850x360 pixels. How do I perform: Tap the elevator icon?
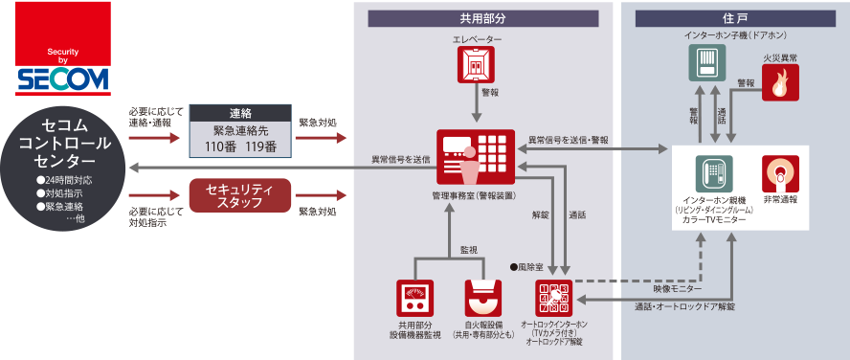(x=476, y=64)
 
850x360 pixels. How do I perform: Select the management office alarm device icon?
(x=476, y=156)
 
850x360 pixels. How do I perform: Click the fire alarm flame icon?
(x=779, y=83)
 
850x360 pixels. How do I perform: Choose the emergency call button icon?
(x=779, y=173)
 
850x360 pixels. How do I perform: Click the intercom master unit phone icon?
(x=712, y=173)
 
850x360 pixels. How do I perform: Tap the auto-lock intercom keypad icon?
(x=554, y=297)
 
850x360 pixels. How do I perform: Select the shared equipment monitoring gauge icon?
(x=414, y=297)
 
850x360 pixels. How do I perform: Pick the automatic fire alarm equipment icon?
(x=483, y=297)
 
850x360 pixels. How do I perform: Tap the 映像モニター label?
(x=678, y=288)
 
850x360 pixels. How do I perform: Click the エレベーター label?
(x=477, y=38)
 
